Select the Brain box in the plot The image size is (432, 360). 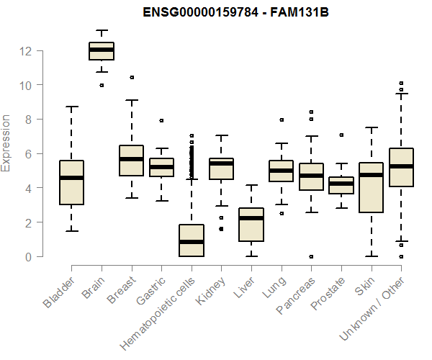pyautogui.click(x=102, y=51)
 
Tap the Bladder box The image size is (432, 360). pyautogui.click(x=71, y=183)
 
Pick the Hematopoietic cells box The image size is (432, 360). pyautogui.click(x=191, y=240)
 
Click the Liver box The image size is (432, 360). pyautogui.click(x=251, y=225)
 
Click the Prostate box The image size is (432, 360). pyautogui.click(x=341, y=186)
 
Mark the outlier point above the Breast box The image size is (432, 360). pyautogui.click(x=131, y=77)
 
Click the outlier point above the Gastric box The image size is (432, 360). pyautogui.click(x=161, y=120)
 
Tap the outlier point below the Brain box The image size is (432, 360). pyautogui.click(x=102, y=85)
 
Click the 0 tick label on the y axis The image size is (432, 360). pyautogui.click(x=28, y=257)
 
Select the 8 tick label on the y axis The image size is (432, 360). pyautogui.click(x=28, y=120)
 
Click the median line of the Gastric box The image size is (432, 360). pyautogui.click(x=161, y=167)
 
